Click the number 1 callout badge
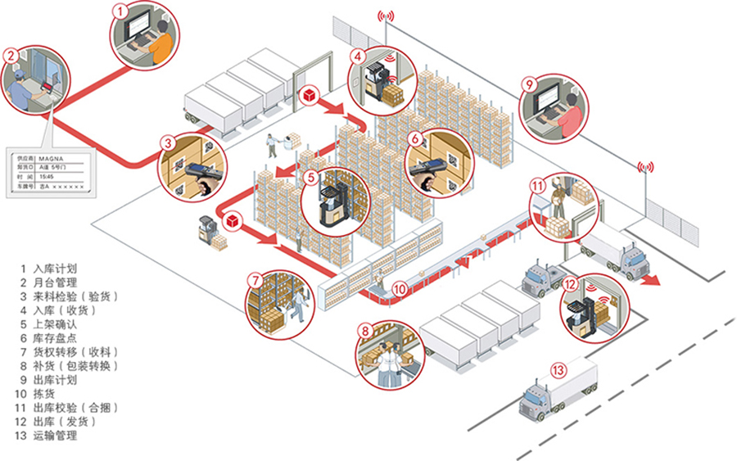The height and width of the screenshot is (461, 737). coord(120,11)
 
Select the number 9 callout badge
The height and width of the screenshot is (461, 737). coord(528,84)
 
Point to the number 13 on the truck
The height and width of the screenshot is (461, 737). coord(558,370)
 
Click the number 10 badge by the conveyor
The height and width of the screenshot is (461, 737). coord(399,288)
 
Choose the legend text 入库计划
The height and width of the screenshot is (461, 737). coord(56,269)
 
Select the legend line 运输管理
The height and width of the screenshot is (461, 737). coord(56,436)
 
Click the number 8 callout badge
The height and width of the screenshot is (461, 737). coord(365,332)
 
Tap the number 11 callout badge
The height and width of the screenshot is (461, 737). coord(537,186)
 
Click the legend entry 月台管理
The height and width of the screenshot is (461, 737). coord(56,282)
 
